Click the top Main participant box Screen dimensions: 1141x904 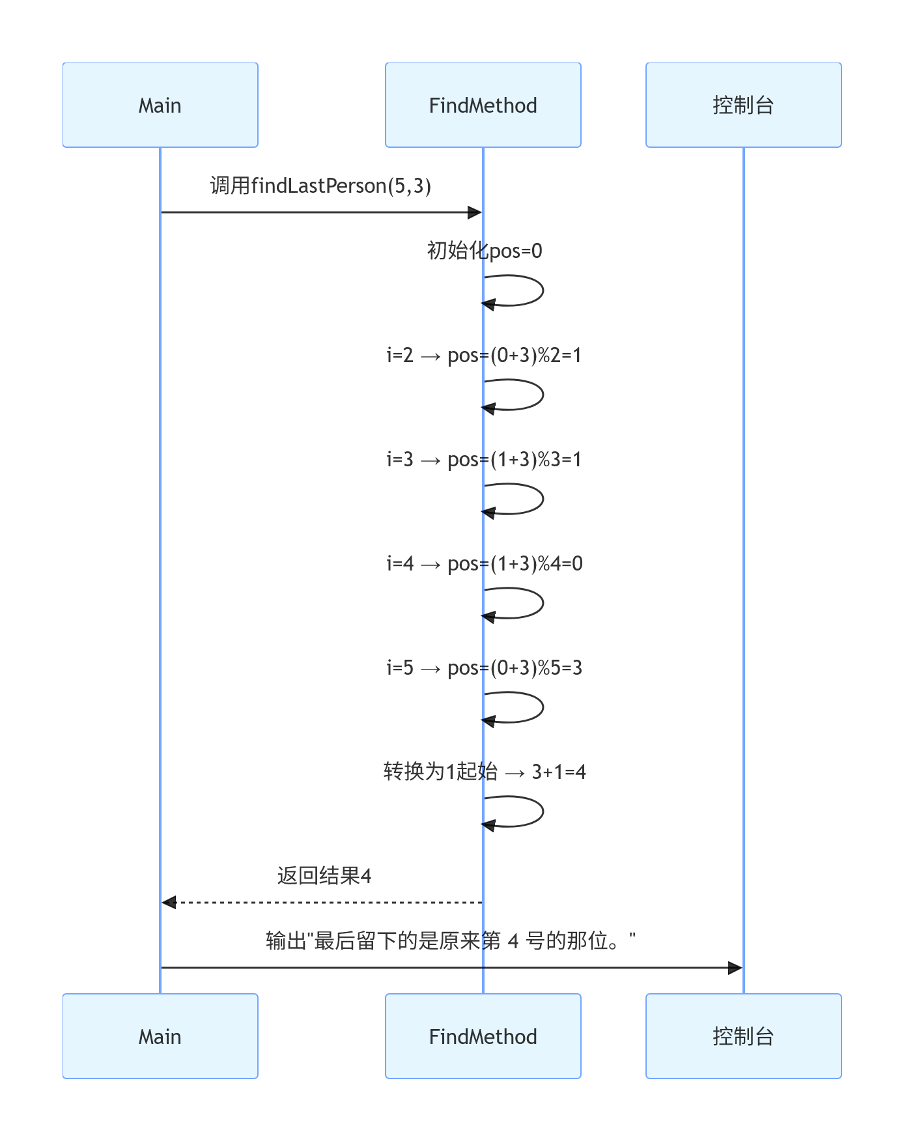[x=160, y=105]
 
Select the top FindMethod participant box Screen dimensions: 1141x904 [x=483, y=105]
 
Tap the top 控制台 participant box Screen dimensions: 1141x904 [x=743, y=105]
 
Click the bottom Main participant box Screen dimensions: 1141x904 [x=160, y=1035]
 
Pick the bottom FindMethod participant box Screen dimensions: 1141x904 [x=483, y=1035]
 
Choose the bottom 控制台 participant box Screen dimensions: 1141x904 [x=743, y=1035]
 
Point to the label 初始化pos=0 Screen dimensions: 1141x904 [x=485, y=251]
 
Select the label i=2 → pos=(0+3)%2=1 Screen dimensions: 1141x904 [x=484, y=355]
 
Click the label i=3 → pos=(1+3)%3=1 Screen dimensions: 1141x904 [x=484, y=459]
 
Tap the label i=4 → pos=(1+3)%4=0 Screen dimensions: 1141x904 [x=485, y=563]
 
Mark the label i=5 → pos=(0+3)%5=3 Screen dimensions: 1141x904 [x=485, y=668]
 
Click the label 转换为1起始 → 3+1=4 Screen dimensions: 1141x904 [x=485, y=772]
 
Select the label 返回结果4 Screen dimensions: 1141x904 [x=324, y=876]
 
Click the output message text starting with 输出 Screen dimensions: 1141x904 [x=451, y=941]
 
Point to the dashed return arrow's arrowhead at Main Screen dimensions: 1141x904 [x=169, y=902]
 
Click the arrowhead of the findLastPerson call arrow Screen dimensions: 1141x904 [x=475, y=212]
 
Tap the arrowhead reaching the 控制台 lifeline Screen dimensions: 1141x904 [x=735, y=968]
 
